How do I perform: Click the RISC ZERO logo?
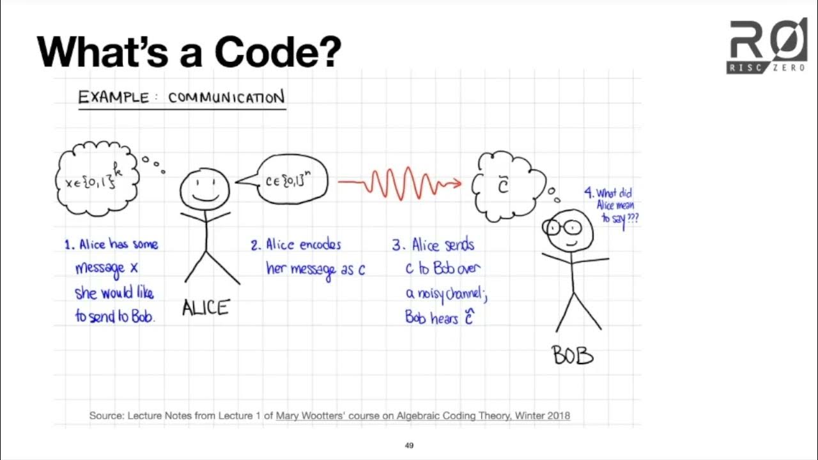(766, 46)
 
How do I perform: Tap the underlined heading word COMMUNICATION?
(226, 98)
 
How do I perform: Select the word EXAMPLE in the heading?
(113, 98)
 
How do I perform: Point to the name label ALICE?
(205, 309)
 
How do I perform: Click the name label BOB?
(573, 356)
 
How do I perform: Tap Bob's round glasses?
(562, 227)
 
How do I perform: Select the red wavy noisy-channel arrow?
(399, 184)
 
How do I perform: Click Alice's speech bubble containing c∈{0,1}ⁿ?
(288, 181)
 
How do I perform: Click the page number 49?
(409, 445)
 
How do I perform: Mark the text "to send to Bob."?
(114, 316)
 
